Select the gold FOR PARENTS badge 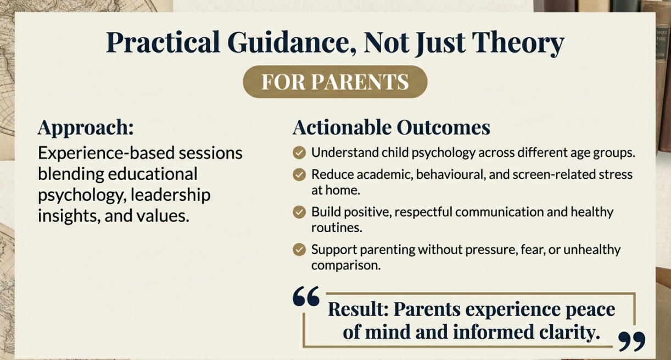335,82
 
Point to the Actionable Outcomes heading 391,127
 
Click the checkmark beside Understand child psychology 299,153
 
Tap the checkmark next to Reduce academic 299,175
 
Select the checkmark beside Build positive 299,212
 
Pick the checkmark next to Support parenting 299,250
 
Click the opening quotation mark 306,296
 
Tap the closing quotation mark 632,341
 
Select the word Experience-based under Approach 107,153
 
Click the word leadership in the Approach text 170,195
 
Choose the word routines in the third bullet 337,228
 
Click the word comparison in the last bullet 346,266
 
